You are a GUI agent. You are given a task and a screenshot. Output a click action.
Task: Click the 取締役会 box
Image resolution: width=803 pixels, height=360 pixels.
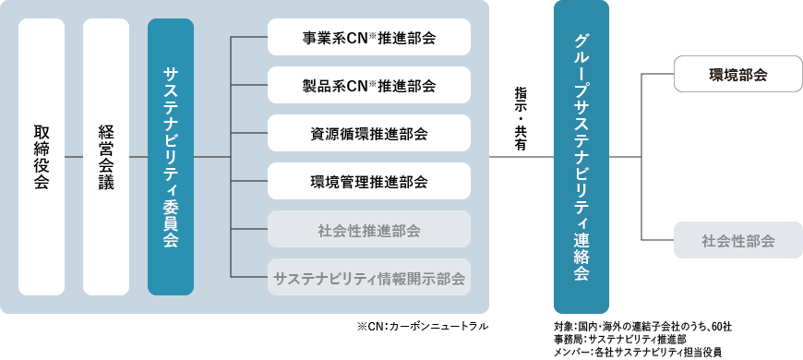(x=42, y=156)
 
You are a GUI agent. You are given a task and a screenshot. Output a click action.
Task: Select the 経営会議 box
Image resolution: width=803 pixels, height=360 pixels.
(x=106, y=156)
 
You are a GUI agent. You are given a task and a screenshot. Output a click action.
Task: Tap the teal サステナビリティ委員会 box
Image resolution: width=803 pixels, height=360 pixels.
(x=171, y=156)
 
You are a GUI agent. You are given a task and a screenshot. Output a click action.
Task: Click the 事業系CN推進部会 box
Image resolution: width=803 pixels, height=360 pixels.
(x=369, y=38)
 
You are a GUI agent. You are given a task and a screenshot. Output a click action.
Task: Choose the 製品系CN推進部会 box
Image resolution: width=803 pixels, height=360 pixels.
(x=369, y=86)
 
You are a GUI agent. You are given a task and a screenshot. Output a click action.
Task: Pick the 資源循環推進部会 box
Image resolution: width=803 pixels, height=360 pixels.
(x=369, y=134)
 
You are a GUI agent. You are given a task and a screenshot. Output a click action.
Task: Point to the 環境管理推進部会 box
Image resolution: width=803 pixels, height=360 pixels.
(x=369, y=182)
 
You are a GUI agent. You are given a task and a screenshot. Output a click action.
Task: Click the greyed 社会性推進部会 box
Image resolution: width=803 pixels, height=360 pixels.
(x=369, y=230)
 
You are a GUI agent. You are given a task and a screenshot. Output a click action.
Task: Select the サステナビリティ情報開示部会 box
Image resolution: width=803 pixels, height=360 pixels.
(x=369, y=277)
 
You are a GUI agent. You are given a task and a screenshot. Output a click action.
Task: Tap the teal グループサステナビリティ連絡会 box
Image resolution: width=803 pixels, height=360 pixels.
(x=581, y=156)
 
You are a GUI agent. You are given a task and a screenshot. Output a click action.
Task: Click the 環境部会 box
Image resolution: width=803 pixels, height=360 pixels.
(x=738, y=74)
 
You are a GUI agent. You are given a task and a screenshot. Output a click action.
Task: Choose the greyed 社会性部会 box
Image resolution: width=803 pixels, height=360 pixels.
(x=738, y=241)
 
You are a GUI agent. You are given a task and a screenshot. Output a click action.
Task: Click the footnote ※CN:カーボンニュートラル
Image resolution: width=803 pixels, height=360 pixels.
(x=421, y=326)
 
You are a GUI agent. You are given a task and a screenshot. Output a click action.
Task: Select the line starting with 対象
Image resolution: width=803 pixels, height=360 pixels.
(x=643, y=326)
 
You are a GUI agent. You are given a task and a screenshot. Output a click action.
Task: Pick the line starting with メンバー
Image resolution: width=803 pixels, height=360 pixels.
(x=638, y=352)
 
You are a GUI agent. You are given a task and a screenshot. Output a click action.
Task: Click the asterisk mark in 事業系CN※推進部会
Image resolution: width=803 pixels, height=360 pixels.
(x=373, y=35)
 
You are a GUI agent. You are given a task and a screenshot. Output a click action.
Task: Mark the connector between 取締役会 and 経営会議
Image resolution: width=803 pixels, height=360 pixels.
(x=74, y=156)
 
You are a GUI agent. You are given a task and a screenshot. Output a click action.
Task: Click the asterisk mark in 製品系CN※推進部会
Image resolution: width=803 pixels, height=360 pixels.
(x=373, y=83)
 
